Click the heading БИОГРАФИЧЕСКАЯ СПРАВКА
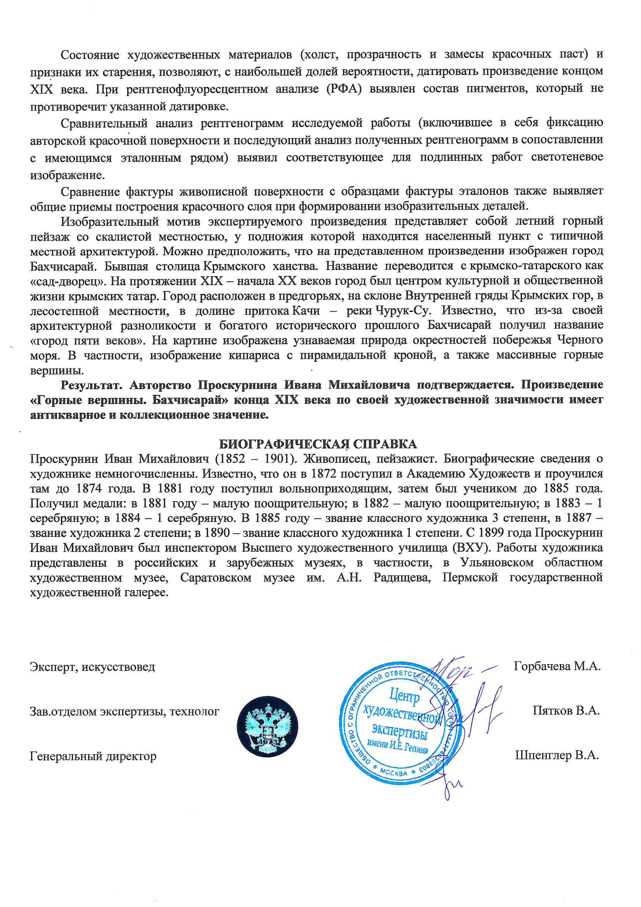(318, 444)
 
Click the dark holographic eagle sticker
(268, 727)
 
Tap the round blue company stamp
(399, 723)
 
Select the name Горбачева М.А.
(557, 666)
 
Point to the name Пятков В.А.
(566, 711)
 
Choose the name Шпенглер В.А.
(557, 755)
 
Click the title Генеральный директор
(93, 756)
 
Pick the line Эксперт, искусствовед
(92, 667)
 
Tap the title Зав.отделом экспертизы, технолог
(124, 711)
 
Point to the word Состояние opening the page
(90, 55)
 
